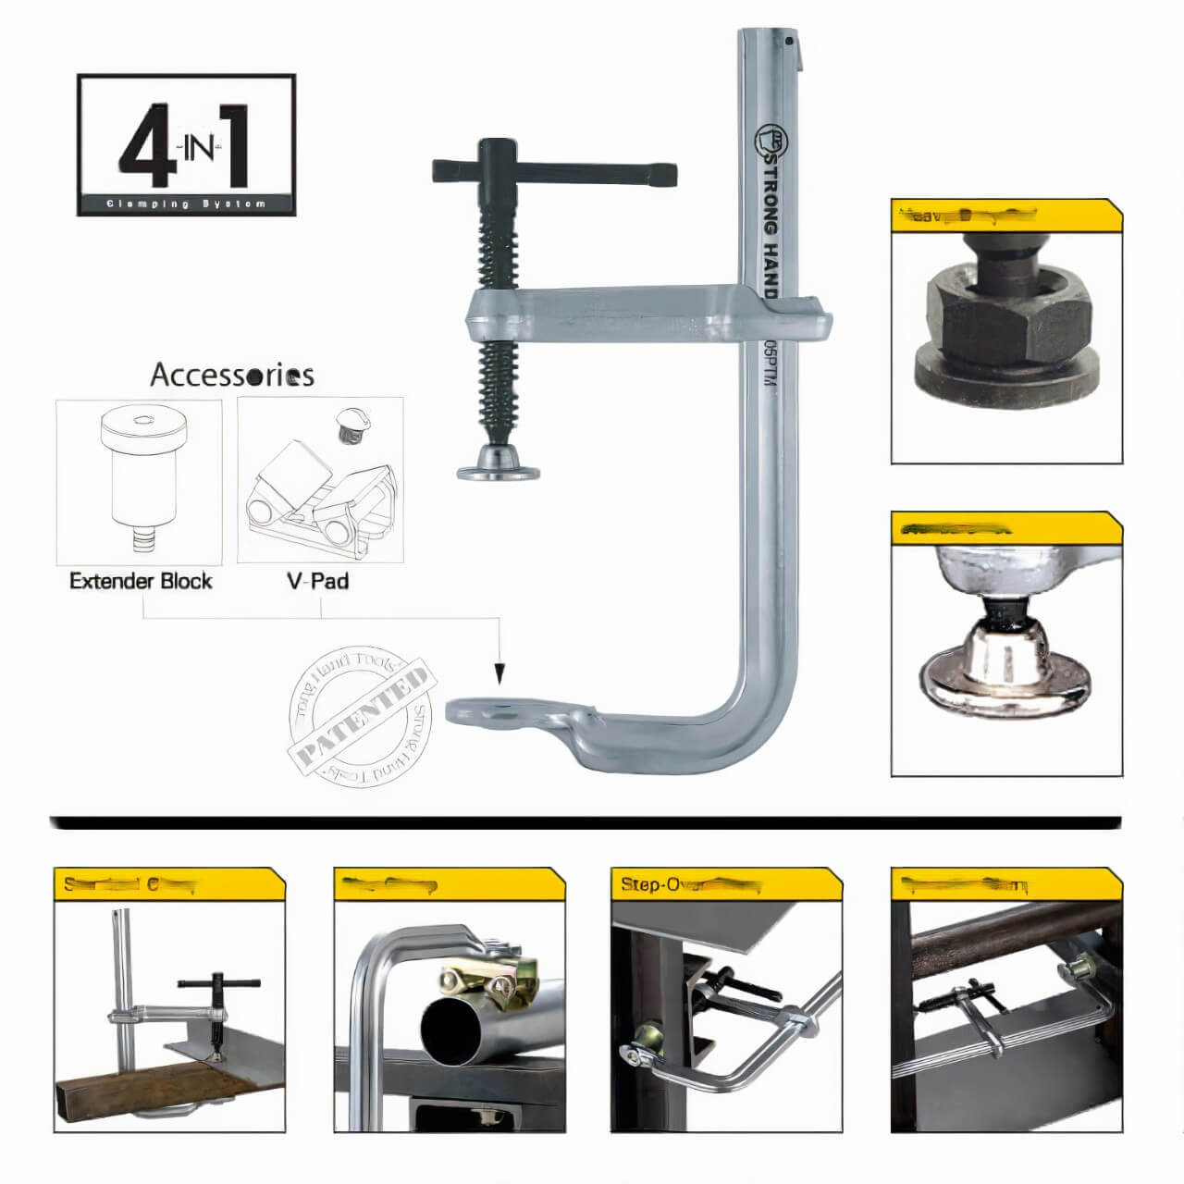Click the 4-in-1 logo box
point(186,145)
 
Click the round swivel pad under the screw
point(499,466)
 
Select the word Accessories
point(231,376)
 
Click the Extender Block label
point(141,581)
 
